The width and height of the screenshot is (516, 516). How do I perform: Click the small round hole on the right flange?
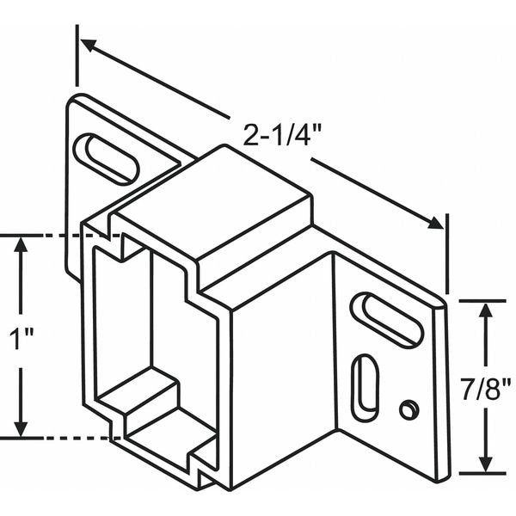click(409, 408)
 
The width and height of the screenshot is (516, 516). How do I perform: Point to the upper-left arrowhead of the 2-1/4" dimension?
click(86, 43)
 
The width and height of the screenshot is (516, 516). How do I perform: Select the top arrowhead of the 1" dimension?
click(21, 245)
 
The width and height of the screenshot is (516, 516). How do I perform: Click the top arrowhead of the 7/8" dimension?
click(487, 310)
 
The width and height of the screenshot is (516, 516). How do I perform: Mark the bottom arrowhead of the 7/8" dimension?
click(487, 464)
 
